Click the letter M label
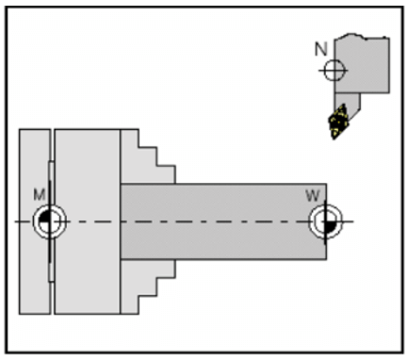click(x=40, y=195)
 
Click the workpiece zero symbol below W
click(x=323, y=222)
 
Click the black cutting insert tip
click(x=337, y=123)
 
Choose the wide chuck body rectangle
click(x=87, y=222)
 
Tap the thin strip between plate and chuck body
click(x=51, y=273)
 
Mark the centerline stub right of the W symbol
click(x=347, y=222)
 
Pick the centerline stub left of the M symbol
click(x=24, y=222)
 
